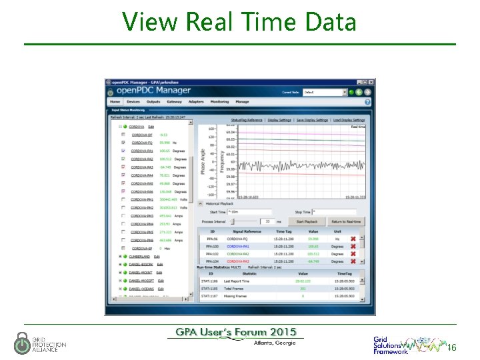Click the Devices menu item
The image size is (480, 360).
tap(133, 102)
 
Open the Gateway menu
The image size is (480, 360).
tap(174, 102)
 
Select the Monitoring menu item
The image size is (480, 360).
tap(219, 102)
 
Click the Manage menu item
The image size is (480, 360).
tap(242, 102)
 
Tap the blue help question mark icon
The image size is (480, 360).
tap(367, 102)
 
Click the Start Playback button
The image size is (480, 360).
tap(307, 221)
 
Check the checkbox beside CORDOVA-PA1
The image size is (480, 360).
tap(123, 151)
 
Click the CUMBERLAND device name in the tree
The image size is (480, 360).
tap(139, 256)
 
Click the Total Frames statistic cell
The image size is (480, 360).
tap(251, 289)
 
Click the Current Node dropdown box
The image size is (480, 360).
tap(325, 92)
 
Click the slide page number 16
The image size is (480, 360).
tap(451, 348)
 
